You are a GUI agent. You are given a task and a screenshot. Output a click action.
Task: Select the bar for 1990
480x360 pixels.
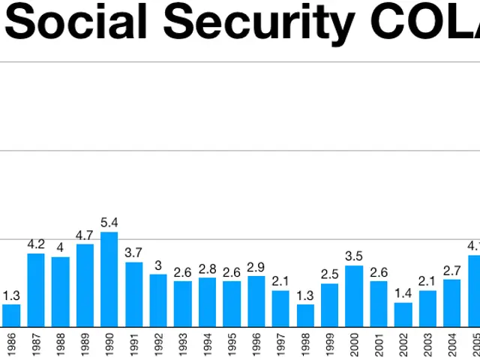[x=109, y=279]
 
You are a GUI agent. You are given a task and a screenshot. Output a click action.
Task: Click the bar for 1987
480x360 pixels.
[x=36, y=289]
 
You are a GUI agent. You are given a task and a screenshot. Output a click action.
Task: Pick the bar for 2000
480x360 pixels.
[x=354, y=295]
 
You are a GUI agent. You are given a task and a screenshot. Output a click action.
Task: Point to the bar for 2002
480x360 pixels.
[x=403, y=314]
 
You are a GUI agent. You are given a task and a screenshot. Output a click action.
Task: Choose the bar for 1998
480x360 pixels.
[x=305, y=315]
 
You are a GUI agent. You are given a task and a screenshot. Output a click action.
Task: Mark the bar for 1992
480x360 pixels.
[x=158, y=300]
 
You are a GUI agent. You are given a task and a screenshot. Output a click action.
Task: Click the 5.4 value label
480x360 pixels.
[x=109, y=223]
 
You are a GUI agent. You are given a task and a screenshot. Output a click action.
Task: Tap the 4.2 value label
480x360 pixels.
[x=36, y=244]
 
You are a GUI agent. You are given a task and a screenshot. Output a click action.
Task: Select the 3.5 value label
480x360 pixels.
[x=354, y=256]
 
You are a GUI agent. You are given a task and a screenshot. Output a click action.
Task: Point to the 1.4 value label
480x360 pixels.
[x=403, y=293]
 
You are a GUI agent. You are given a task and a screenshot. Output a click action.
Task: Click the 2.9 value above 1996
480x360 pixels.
[x=256, y=267]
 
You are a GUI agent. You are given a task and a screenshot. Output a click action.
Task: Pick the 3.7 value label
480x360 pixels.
[x=133, y=253]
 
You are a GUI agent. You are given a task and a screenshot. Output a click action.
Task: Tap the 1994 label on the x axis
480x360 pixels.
[x=208, y=344]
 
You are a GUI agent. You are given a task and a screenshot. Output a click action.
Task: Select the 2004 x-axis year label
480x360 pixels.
[x=452, y=344]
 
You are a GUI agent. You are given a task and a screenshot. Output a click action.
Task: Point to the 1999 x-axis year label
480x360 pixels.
[x=330, y=344]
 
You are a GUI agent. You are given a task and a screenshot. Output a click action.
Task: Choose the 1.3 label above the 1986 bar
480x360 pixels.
[x=11, y=295]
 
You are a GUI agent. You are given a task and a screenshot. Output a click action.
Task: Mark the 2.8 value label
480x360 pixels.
[x=208, y=268]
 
